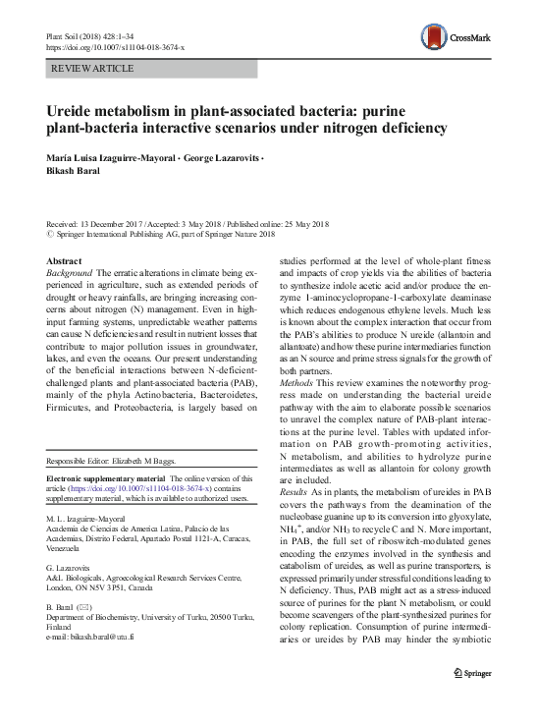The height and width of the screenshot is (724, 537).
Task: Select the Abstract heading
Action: coord(65,260)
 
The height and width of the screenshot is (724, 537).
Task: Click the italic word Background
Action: coord(72,272)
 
